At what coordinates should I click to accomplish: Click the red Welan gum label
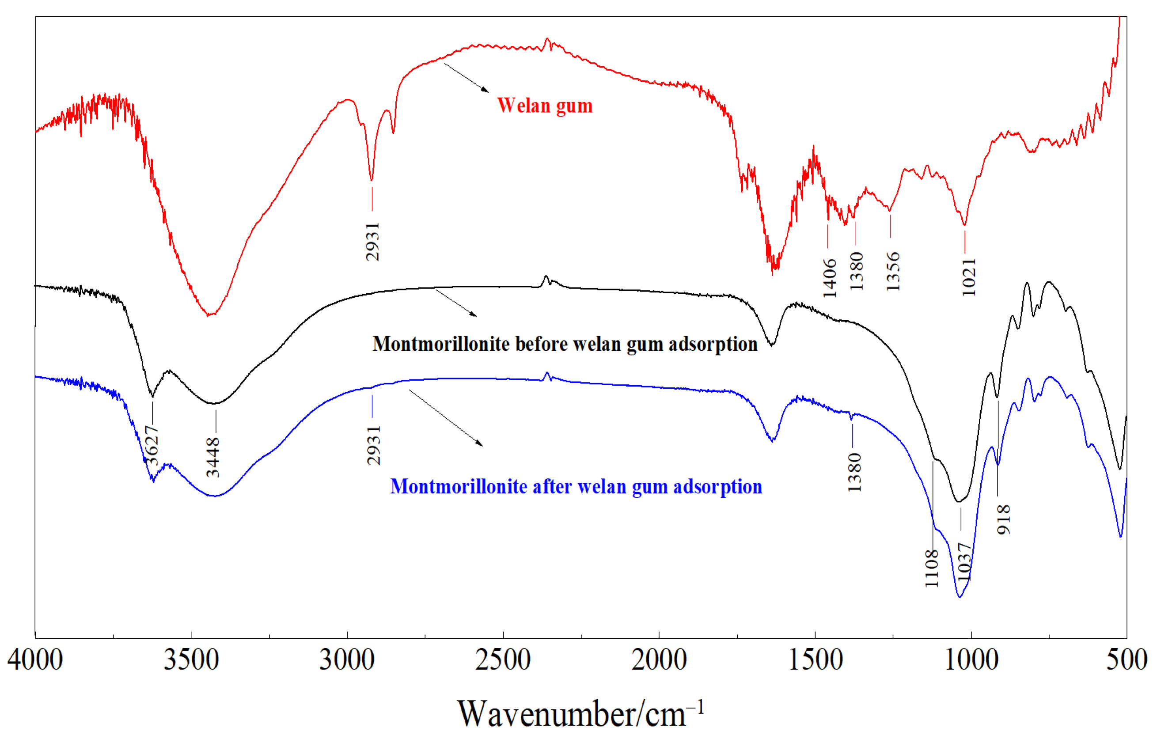(x=544, y=105)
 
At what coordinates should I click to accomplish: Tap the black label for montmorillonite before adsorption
(x=565, y=344)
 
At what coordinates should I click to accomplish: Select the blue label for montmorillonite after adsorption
(x=576, y=486)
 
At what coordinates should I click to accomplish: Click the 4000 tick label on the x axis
(x=35, y=660)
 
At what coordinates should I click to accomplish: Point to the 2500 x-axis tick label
(x=503, y=660)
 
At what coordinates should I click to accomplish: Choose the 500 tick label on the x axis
(x=1126, y=660)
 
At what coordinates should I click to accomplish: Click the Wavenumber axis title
(x=580, y=713)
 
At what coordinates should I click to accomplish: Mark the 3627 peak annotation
(x=152, y=445)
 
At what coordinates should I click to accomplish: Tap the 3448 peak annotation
(x=213, y=457)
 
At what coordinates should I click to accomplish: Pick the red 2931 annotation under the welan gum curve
(x=372, y=241)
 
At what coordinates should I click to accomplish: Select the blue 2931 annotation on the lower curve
(x=373, y=445)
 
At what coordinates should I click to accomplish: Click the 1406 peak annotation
(x=829, y=278)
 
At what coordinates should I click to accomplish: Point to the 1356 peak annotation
(x=893, y=271)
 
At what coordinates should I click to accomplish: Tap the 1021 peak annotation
(x=969, y=277)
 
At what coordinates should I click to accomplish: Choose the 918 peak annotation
(x=1003, y=519)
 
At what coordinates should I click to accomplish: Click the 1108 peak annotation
(x=931, y=568)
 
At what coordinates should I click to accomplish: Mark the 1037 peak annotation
(x=964, y=561)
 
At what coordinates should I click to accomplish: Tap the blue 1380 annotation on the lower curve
(x=854, y=472)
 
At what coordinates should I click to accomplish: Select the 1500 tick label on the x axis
(x=815, y=660)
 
